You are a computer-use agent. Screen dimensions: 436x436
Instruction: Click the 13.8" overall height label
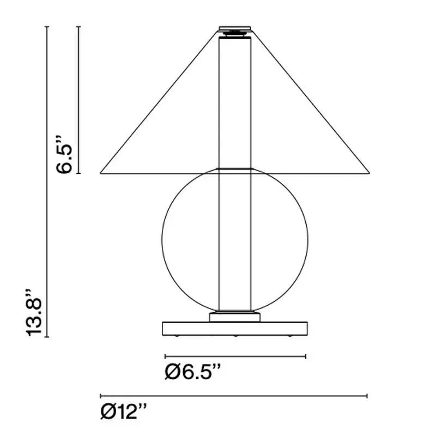[34, 312]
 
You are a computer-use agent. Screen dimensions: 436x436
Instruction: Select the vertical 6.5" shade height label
[64, 154]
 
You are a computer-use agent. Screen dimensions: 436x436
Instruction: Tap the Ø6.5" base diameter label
[193, 372]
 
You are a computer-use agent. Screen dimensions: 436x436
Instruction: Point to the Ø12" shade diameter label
[124, 411]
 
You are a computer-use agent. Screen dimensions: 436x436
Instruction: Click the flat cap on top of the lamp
[235, 28]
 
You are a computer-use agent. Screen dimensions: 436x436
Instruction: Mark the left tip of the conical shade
[100, 173]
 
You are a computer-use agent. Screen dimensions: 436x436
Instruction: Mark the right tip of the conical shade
[370, 173]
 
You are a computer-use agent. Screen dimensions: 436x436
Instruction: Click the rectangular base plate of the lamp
[235, 329]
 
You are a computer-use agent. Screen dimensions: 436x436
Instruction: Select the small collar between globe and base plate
[235, 317]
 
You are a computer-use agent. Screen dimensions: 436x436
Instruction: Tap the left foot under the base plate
[177, 336]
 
